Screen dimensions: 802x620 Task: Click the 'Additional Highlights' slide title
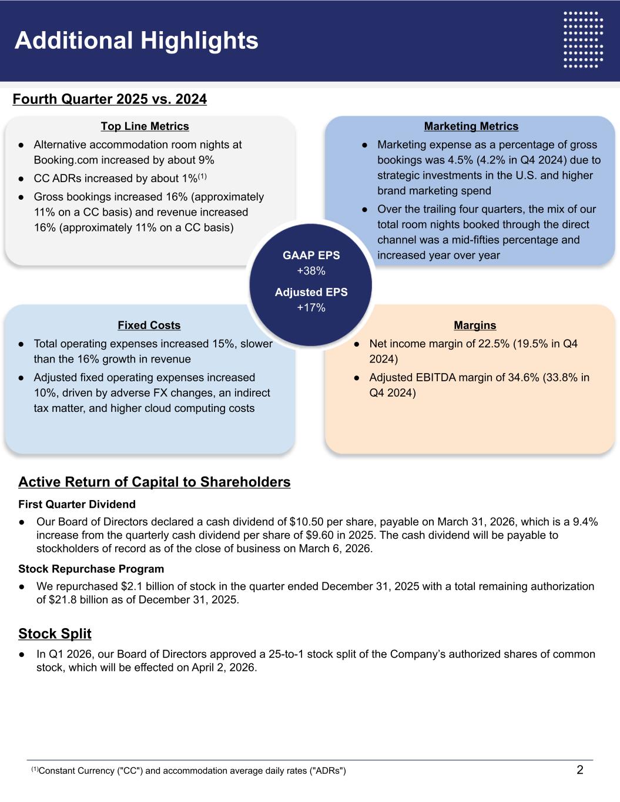136,41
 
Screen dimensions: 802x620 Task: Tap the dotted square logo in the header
583,39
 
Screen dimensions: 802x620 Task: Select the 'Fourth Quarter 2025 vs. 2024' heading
109,99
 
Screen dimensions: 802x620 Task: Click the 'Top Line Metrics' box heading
145,126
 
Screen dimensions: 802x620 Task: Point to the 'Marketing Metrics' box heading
471,126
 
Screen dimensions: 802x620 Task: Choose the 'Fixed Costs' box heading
149,326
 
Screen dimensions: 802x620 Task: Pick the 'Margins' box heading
475,326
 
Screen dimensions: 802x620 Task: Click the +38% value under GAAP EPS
311,271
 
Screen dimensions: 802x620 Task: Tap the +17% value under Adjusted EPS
311,308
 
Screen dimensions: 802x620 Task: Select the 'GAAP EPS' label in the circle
311,256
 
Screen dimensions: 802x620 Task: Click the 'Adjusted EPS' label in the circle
311,292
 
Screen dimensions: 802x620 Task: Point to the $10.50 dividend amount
306,522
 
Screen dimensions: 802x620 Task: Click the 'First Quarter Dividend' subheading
77,504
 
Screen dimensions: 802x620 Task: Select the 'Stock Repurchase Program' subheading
91,569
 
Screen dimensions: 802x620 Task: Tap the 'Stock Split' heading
55,633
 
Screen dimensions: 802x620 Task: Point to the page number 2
580,770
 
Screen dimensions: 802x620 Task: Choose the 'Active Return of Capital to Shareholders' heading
154,482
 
